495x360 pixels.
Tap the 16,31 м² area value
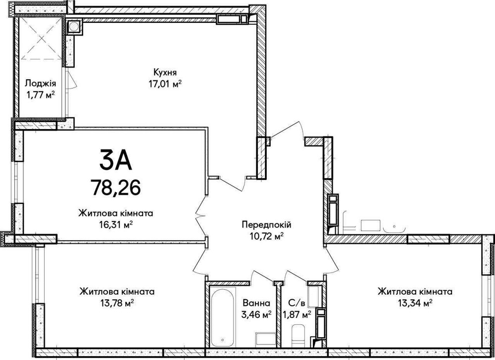coord(115,225)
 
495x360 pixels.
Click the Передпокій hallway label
coord(266,225)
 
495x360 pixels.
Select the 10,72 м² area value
coord(266,236)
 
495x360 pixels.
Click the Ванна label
coord(256,303)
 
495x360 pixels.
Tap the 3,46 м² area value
coord(256,314)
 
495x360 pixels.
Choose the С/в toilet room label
coord(296,303)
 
